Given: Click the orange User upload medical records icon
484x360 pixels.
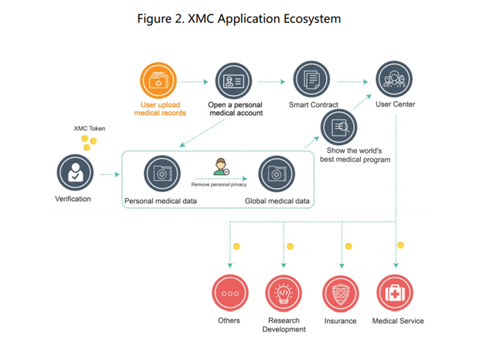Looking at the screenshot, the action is click(x=158, y=81).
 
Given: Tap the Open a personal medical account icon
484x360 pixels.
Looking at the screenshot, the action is click(x=234, y=81).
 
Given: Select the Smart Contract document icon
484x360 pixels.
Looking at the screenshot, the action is click(x=312, y=79).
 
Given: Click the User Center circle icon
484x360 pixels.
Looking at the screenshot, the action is click(x=394, y=79).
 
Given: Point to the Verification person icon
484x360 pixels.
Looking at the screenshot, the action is click(x=75, y=172).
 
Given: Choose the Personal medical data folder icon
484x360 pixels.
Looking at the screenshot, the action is click(x=162, y=173).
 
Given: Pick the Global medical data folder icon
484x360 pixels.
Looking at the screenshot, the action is click(x=277, y=174).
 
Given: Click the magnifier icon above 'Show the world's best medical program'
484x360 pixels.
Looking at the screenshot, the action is click(x=339, y=127).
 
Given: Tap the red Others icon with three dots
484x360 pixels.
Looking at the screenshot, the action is click(x=230, y=293).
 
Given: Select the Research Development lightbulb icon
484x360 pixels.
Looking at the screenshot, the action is click(x=284, y=293).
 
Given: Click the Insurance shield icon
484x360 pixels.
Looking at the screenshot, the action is click(x=340, y=293).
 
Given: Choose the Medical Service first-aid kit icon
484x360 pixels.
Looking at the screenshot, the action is click(x=395, y=293).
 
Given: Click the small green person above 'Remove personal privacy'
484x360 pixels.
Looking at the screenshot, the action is click(x=222, y=166).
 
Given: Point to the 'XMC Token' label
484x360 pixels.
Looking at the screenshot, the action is click(x=89, y=129).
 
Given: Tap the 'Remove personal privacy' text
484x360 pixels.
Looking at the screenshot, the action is click(x=219, y=185).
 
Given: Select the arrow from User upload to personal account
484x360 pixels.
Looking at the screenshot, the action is click(x=194, y=82).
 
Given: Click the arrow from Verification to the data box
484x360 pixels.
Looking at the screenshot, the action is click(x=110, y=175).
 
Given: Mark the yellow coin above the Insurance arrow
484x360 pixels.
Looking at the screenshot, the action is click(x=349, y=246).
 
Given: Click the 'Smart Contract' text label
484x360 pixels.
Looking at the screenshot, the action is click(x=313, y=104).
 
